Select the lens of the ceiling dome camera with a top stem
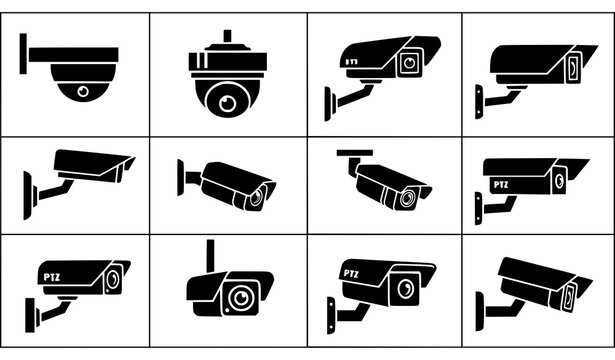click(x=229, y=101)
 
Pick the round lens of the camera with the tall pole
click(x=239, y=297)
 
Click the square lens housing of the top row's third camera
click(x=408, y=63)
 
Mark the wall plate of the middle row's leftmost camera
click(x=28, y=187)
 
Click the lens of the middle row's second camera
click(x=257, y=196)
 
